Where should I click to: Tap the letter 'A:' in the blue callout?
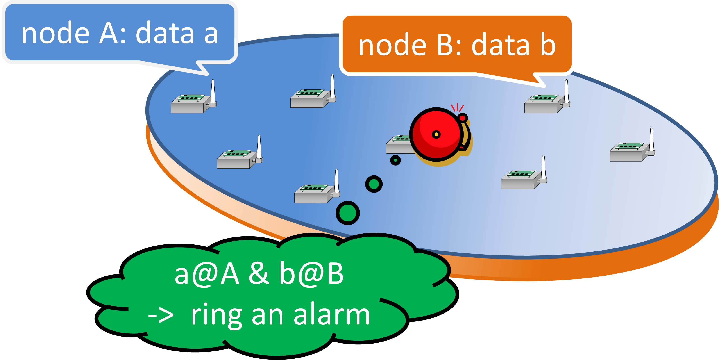tap(113, 34)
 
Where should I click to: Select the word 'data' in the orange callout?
tap(500, 46)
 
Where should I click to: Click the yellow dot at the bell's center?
tap(436, 135)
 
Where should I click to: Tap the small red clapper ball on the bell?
tap(463, 118)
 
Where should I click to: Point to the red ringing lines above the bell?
tap(457, 107)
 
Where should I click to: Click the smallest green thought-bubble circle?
tap(395, 160)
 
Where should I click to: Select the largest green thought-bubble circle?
tap(347, 213)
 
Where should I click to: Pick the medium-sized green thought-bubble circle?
tap(374, 184)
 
